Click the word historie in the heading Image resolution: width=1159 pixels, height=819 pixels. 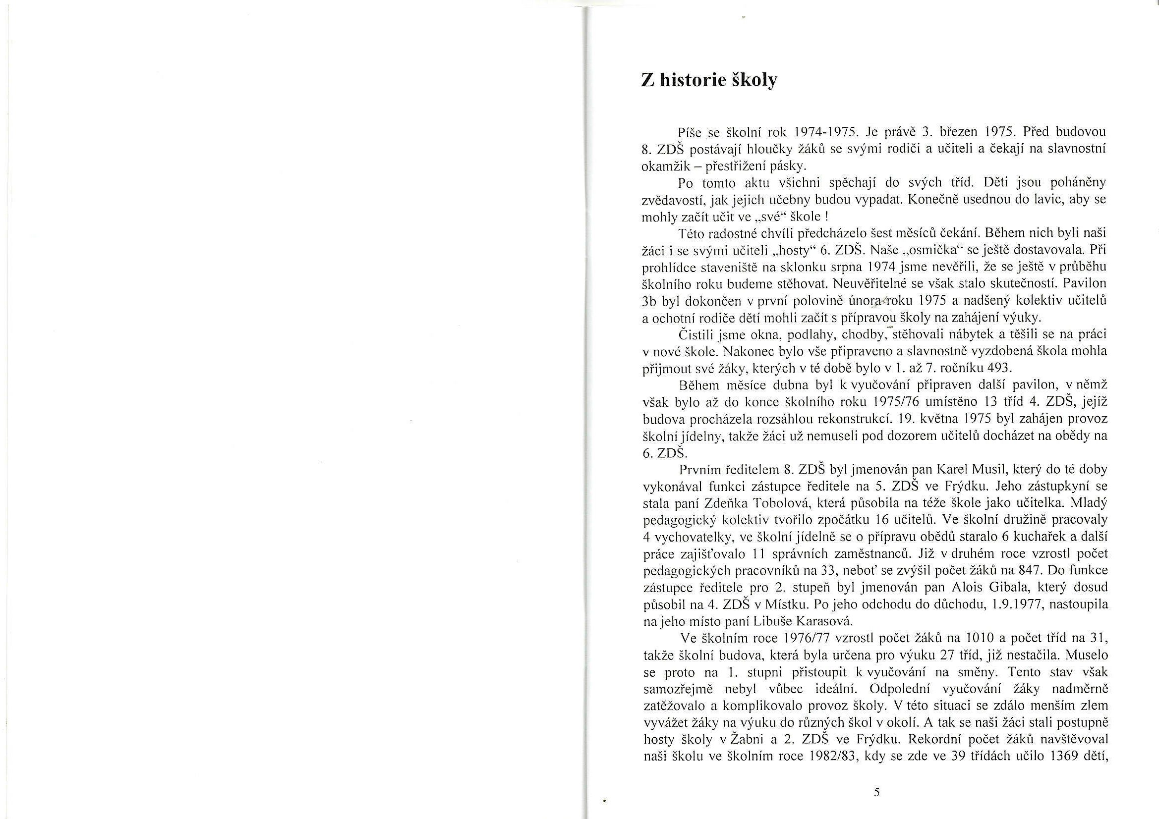693,81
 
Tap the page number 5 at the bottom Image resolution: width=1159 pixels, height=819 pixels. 876,792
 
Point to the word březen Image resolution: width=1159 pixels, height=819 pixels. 976,132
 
